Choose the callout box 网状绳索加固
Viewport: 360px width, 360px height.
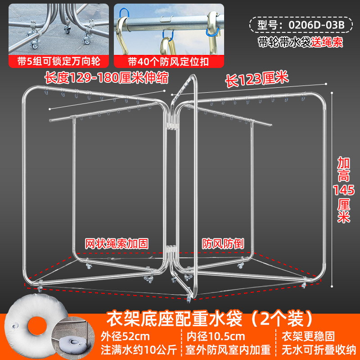[x=117, y=244]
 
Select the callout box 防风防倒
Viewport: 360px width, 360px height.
[x=222, y=244]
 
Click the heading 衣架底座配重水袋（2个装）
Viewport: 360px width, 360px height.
[x=210, y=319]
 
